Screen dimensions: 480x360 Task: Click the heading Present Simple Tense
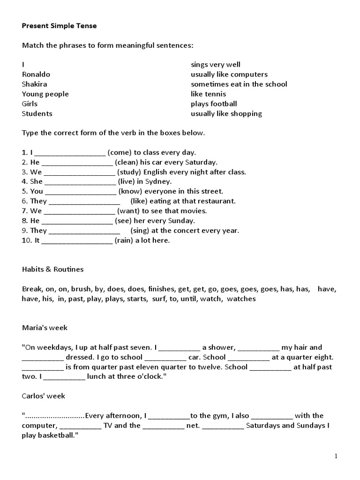[x=59, y=26]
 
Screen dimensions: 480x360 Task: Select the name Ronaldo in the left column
[x=36, y=75]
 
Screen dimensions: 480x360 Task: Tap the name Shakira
[x=35, y=84]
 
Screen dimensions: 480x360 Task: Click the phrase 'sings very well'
[x=215, y=65]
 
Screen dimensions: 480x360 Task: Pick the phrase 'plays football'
[x=214, y=104]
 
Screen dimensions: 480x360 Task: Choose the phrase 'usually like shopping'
[x=226, y=113]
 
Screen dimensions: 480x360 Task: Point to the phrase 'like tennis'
[x=208, y=94]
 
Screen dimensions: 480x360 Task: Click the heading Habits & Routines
[x=52, y=270]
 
